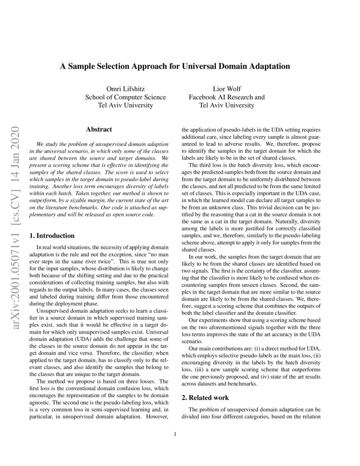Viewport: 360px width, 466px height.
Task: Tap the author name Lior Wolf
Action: tap(227, 89)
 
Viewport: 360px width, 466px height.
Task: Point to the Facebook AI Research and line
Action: tap(227, 97)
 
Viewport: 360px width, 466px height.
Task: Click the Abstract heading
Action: tap(99, 130)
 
